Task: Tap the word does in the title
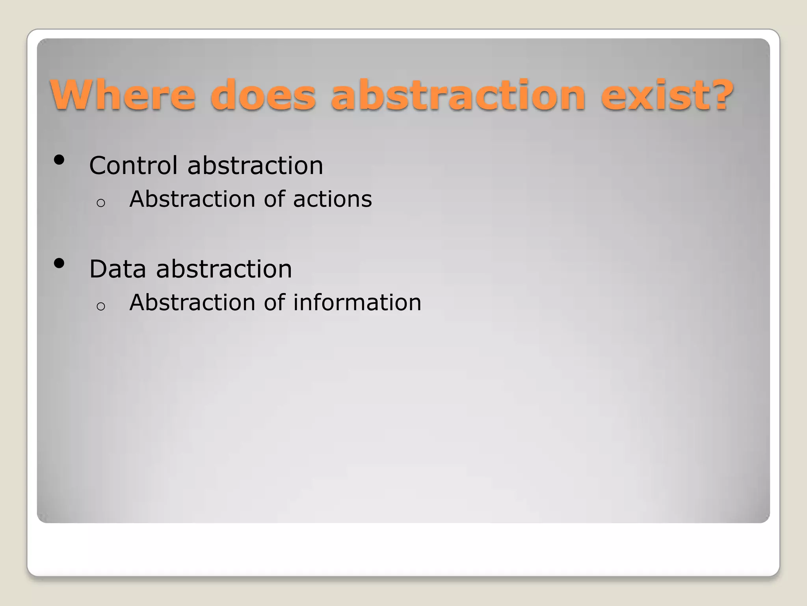(263, 95)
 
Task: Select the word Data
(117, 269)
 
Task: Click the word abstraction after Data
(224, 269)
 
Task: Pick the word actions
(332, 199)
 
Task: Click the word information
(357, 303)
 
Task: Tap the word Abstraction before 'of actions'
(192, 199)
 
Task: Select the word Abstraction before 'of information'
(192, 303)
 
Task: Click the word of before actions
(274, 199)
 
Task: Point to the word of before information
(274, 303)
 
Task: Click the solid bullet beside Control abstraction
(59, 160)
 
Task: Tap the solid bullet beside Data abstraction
(59, 263)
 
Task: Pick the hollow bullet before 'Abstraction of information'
(100, 307)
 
